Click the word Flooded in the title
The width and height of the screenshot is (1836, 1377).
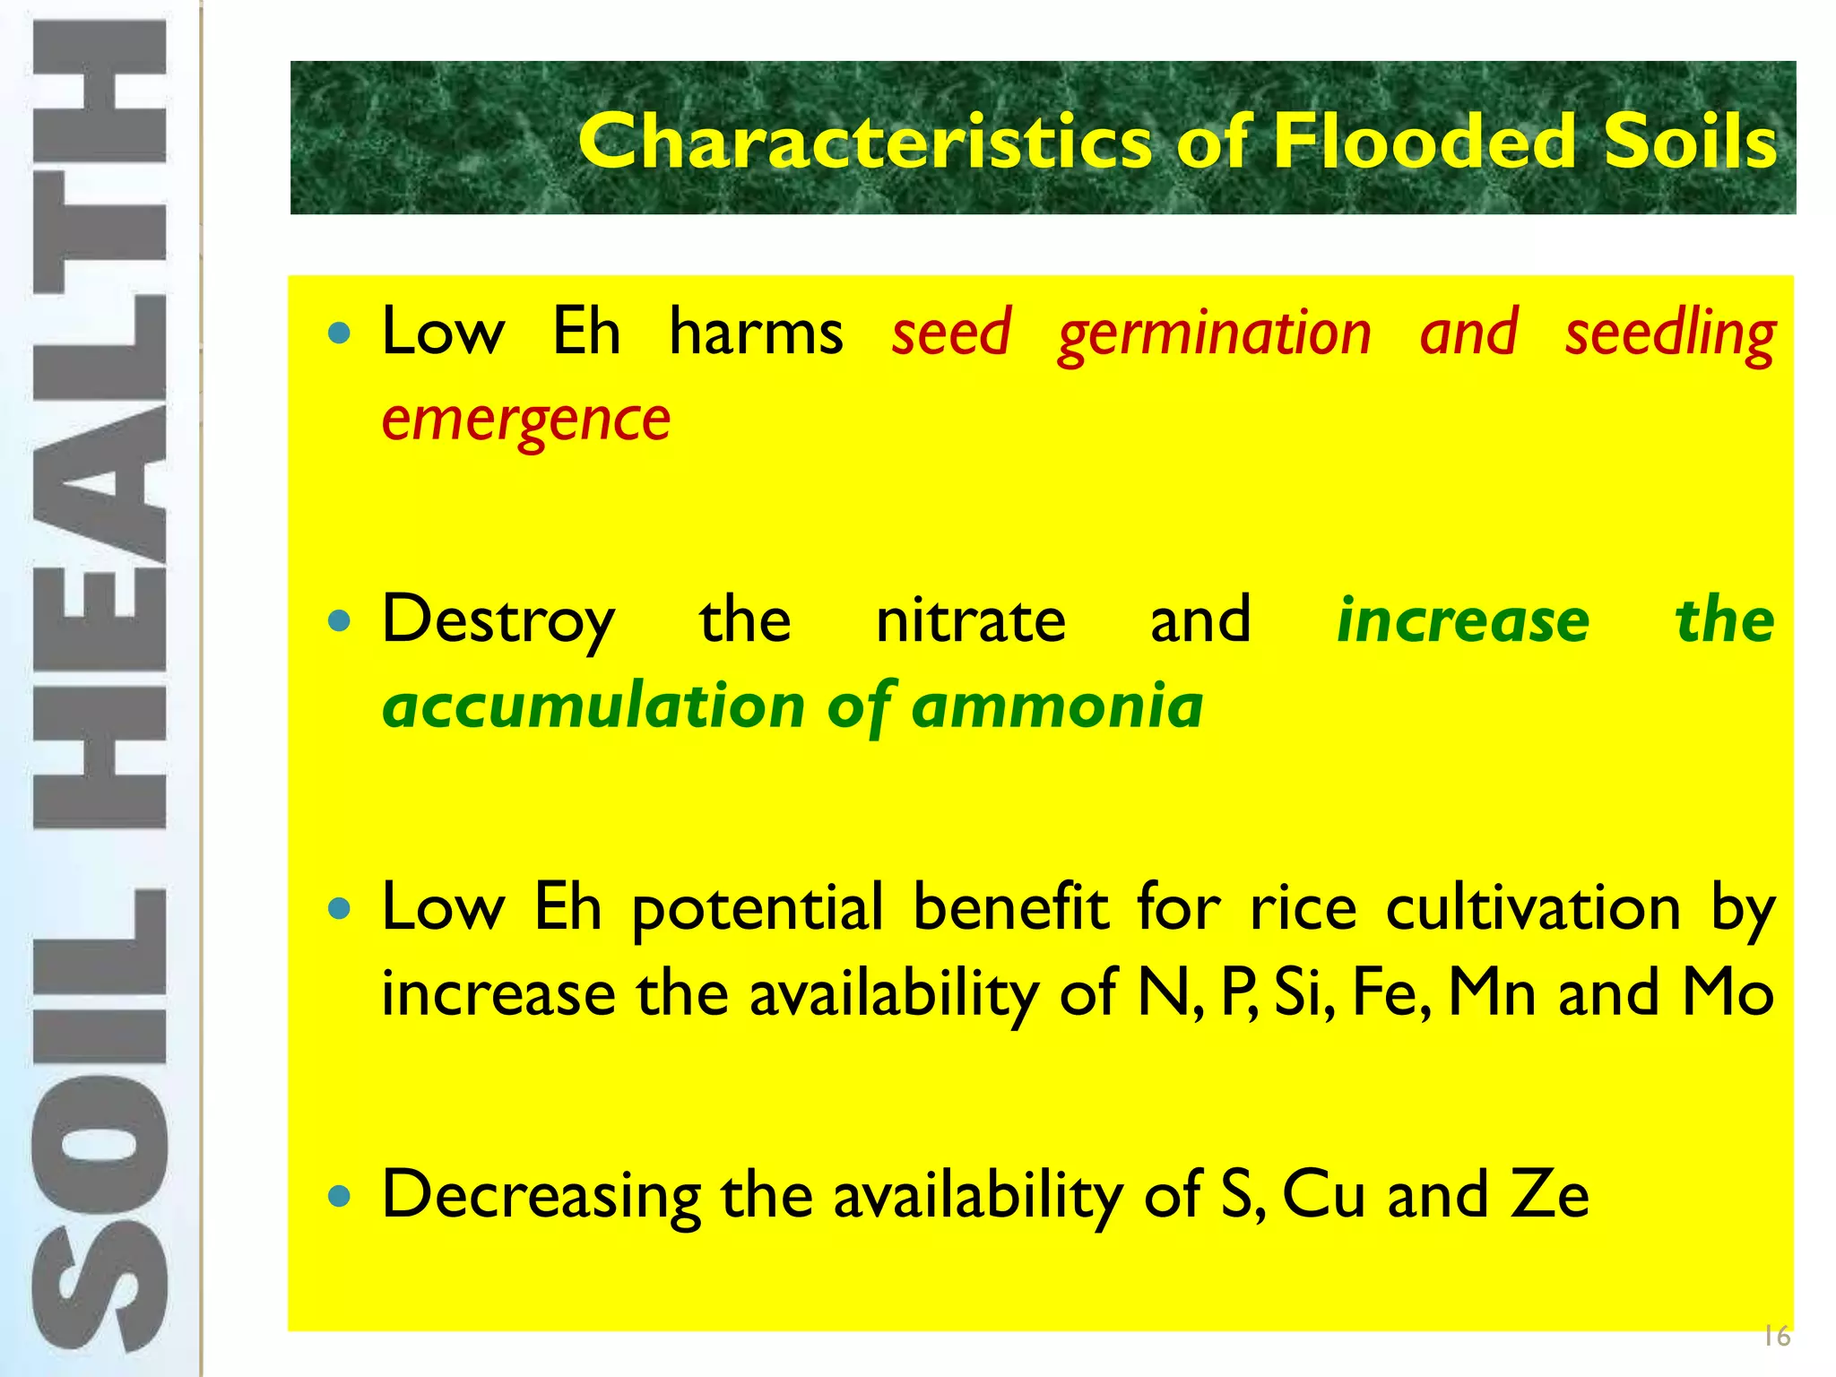1425,141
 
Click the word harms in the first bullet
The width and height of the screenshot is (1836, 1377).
756,333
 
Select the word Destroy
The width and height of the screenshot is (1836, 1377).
498,621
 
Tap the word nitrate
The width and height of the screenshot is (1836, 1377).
970,621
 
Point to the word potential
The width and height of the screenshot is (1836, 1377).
758,908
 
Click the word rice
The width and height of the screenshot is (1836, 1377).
1303,908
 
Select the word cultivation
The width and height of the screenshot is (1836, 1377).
1533,908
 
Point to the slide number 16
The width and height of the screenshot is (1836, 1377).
1776,1336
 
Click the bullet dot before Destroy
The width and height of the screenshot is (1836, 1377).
339,620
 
